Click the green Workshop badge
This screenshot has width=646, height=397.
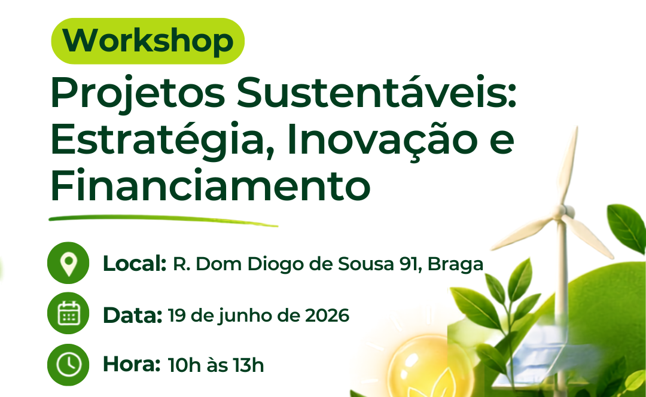[148, 41]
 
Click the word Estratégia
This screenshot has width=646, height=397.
[162, 140]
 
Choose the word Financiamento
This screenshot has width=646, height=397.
[211, 185]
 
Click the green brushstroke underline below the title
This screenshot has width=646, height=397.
[163, 221]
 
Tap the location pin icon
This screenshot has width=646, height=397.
[68, 262]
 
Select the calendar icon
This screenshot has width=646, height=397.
[68, 313]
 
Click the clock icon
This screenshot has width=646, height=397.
[68, 365]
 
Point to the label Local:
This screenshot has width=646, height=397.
[135, 264]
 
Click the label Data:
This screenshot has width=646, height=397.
[132, 316]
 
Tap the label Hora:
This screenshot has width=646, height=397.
[132, 364]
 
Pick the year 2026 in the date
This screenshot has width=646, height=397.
[327, 316]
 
